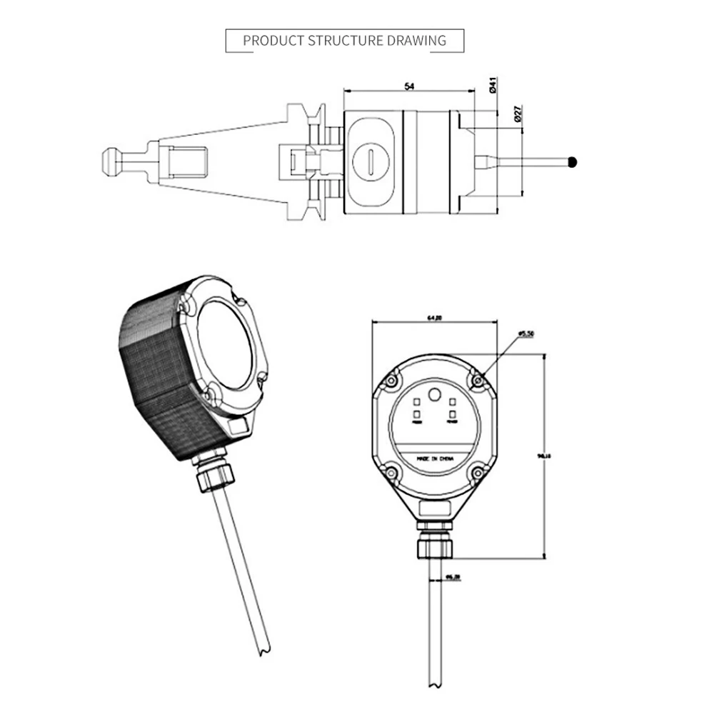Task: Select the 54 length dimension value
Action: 409,86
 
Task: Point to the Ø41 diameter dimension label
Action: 493,87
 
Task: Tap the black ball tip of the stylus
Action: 573,162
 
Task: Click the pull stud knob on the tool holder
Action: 111,162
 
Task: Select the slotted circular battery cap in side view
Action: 372,161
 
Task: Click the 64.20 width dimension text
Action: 434,318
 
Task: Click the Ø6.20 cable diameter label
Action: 452,576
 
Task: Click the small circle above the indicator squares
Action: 433,396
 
